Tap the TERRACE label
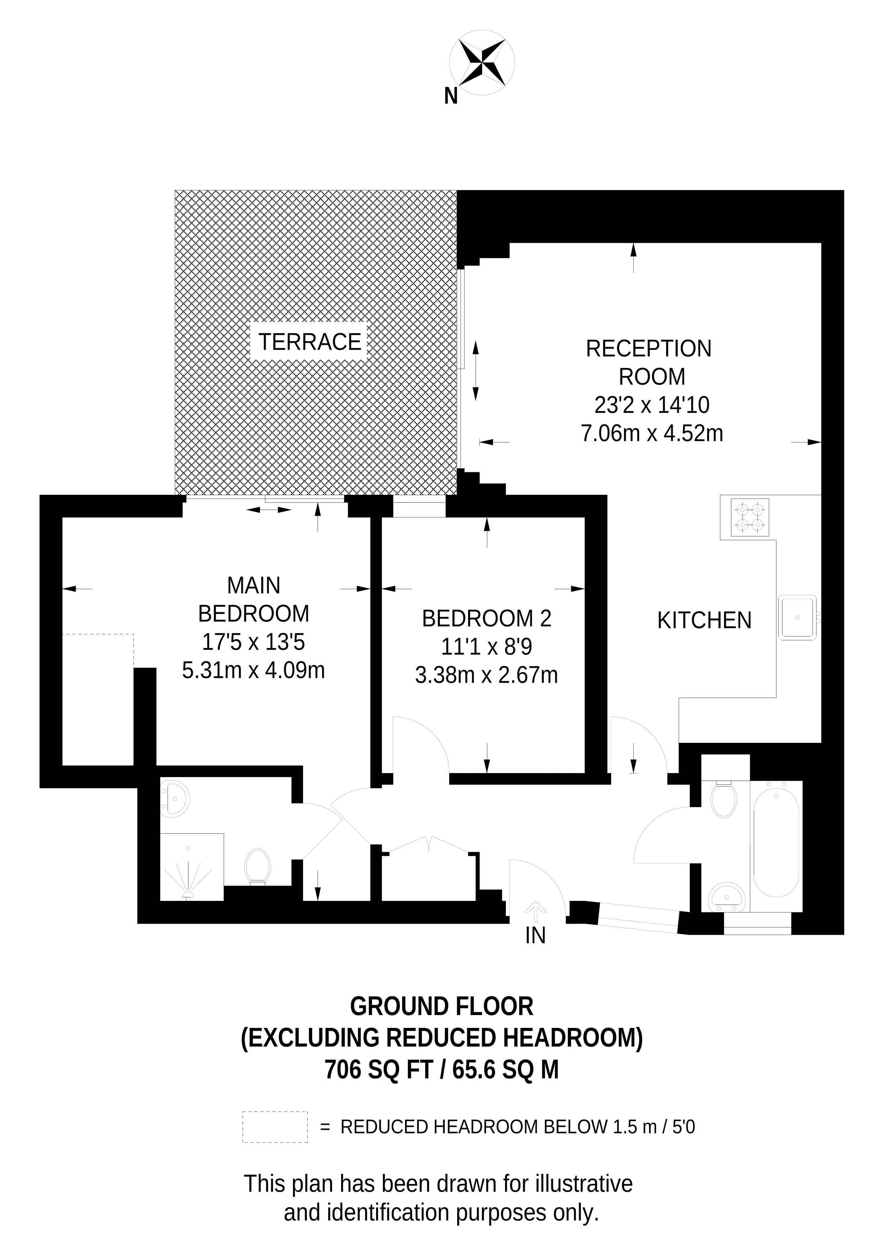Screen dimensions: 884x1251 point(309,342)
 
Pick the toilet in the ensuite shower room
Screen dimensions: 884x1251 point(258,866)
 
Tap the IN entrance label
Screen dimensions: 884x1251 point(535,935)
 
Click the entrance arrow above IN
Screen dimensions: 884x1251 point(535,910)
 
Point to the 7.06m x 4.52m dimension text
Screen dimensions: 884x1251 point(652,433)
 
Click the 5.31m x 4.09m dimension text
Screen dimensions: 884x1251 point(253,670)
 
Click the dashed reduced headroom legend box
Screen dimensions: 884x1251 point(275,1127)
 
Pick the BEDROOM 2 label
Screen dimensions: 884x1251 point(486,618)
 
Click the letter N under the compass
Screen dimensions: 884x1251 point(450,96)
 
